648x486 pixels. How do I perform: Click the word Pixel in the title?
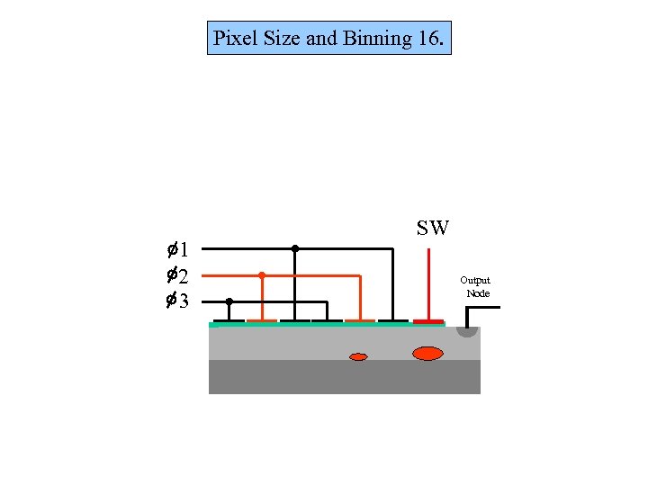[x=232, y=39]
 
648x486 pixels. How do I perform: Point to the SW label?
[x=433, y=229]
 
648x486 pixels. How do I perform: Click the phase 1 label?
[x=176, y=249]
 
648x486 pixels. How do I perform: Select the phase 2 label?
[x=176, y=275]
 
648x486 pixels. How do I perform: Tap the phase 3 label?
[x=176, y=301]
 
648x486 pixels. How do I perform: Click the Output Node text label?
[x=477, y=287]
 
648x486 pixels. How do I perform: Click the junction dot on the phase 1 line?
[x=294, y=248]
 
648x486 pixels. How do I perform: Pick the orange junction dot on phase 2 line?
[x=261, y=274]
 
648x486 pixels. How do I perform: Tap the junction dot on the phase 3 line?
[x=229, y=301]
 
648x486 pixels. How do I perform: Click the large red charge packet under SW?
[x=427, y=353]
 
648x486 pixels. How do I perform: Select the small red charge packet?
[x=358, y=357]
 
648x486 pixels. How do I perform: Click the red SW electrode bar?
[x=427, y=320]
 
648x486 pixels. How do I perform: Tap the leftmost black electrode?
[x=229, y=320]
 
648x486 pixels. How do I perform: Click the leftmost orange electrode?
[x=261, y=320]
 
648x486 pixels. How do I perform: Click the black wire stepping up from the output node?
[x=467, y=315]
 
